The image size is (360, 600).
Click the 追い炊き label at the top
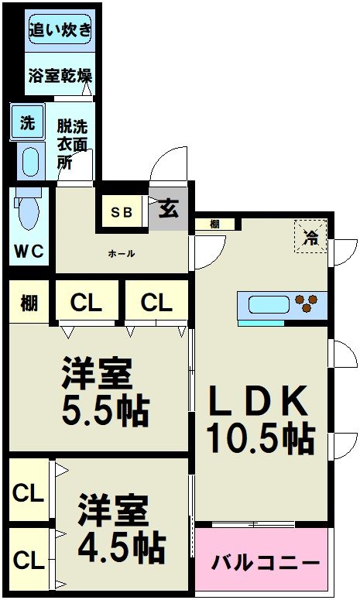(x=60, y=32)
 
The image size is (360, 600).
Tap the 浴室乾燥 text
(x=60, y=76)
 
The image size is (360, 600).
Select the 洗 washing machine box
(x=27, y=122)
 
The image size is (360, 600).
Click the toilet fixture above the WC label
(x=28, y=207)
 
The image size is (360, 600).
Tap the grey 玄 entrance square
(x=168, y=210)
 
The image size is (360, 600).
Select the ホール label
(x=122, y=253)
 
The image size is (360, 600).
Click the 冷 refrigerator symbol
(x=310, y=235)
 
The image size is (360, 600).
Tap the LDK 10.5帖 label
(x=260, y=419)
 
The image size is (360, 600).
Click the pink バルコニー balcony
(x=265, y=560)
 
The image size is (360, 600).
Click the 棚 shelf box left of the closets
(x=29, y=302)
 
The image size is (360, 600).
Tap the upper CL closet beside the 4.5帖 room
(x=28, y=492)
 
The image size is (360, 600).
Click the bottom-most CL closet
(x=28, y=558)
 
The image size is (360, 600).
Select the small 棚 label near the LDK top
(x=213, y=225)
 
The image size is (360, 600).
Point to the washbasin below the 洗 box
(x=30, y=162)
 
